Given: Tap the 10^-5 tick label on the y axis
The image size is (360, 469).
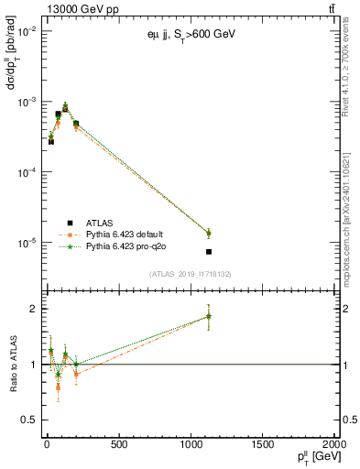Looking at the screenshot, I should pos(25,243).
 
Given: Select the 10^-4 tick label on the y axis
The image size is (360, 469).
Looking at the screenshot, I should pos(25,172).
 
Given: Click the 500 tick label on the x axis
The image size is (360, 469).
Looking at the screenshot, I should pos(118,445).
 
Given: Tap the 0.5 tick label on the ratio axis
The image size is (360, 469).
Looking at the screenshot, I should pos(27,419).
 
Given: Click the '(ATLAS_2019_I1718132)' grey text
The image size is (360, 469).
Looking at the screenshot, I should pos(189,273).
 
